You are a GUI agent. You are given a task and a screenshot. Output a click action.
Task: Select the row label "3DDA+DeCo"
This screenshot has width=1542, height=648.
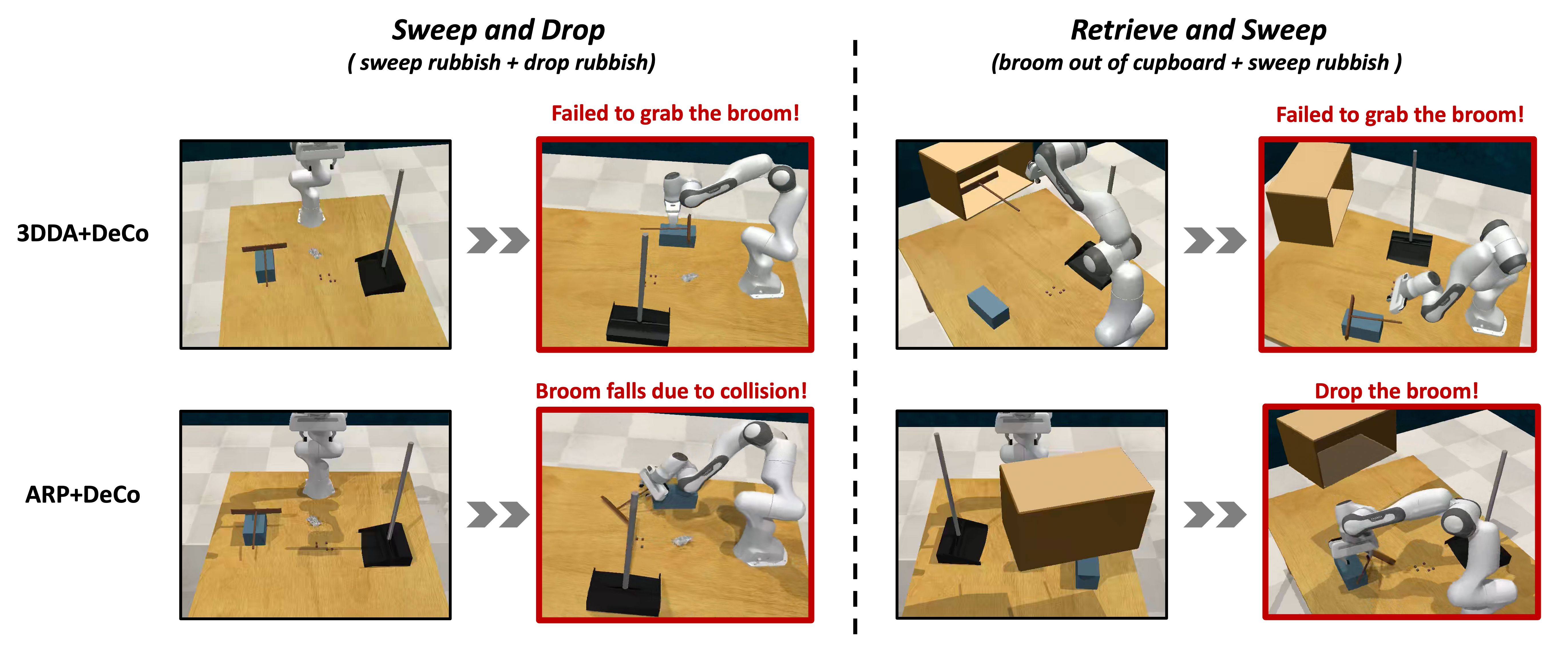(x=83, y=234)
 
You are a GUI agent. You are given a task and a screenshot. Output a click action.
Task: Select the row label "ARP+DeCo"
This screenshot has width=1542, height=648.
(x=83, y=495)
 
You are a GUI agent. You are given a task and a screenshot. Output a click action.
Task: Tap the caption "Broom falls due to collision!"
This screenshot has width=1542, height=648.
(x=671, y=391)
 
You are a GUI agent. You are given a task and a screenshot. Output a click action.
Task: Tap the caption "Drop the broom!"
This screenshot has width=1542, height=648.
(x=1397, y=391)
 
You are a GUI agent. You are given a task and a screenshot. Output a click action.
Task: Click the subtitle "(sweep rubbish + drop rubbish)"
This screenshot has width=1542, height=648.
(x=502, y=62)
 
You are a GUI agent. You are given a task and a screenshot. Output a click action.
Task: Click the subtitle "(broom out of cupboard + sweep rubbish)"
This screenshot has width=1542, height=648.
(x=1197, y=62)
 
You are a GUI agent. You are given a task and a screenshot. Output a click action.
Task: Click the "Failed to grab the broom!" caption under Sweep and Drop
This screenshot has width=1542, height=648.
(x=675, y=113)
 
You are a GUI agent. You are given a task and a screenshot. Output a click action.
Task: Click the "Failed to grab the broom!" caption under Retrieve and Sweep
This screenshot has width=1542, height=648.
(x=1400, y=114)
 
